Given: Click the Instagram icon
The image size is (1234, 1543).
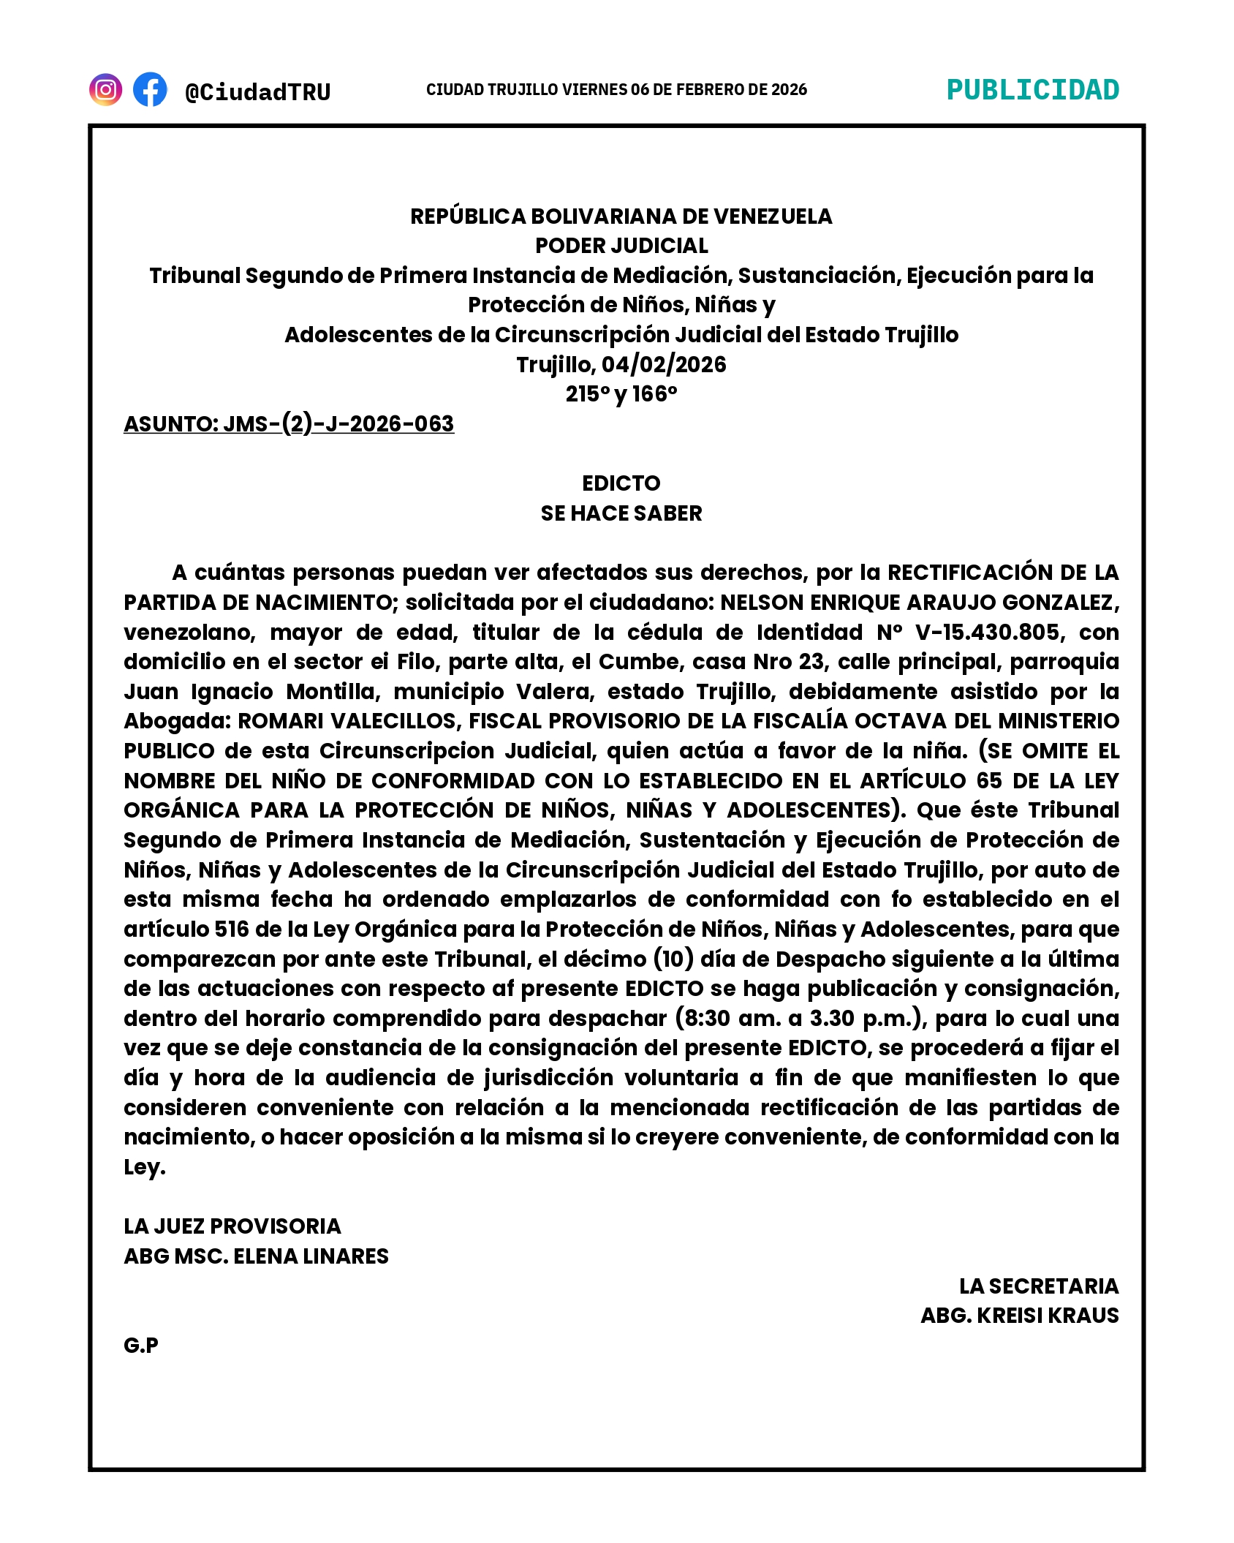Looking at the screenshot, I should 105,90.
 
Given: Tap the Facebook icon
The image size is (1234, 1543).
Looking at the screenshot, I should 150,90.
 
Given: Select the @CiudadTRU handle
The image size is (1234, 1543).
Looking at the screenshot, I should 258,92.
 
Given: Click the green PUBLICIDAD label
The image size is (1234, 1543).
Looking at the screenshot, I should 1032,90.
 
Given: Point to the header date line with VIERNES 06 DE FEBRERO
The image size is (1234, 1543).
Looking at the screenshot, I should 616,90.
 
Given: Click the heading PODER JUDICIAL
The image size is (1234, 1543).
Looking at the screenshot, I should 621,246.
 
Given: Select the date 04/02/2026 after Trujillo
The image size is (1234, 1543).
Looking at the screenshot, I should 664,364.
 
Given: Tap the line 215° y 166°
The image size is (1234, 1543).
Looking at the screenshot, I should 621,394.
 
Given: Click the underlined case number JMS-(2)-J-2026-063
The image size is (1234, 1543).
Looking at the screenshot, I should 338,424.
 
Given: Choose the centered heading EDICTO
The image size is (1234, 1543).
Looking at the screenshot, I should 621,483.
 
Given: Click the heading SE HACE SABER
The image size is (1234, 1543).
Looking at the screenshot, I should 621,513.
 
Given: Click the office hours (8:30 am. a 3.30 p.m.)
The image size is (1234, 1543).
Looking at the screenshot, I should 801,1019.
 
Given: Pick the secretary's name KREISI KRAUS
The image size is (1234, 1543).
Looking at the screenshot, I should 1048,1316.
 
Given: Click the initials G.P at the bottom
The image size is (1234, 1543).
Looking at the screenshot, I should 141,1346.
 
